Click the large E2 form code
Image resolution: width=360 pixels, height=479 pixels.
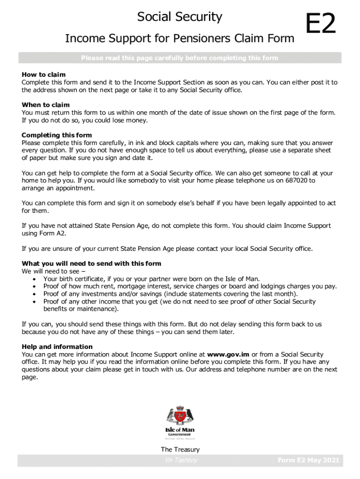click(x=321, y=25)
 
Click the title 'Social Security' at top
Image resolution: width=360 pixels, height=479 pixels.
click(x=180, y=17)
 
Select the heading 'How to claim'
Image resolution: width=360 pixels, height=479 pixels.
click(x=43, y=75)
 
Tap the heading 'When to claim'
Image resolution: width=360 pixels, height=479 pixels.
click(x=45, y=105)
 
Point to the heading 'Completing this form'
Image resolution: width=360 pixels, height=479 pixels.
click(x=57, y=136)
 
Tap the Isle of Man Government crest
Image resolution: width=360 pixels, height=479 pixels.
click(x=180, y=416)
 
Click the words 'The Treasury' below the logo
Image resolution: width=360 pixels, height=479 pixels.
click(x=180, y=450)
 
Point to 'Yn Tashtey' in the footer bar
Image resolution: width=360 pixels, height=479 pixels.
click(x=178, y=461)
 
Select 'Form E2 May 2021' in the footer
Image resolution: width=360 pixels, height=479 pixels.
click(x=308, y=461)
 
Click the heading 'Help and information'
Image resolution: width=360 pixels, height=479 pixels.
click(x=57, y=347)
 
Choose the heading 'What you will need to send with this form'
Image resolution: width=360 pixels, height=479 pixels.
click(x=91, y=264)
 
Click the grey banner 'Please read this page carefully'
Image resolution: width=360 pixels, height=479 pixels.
click(x=180, y=58)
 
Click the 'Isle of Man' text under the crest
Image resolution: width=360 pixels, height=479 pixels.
click(x=180, y=430)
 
